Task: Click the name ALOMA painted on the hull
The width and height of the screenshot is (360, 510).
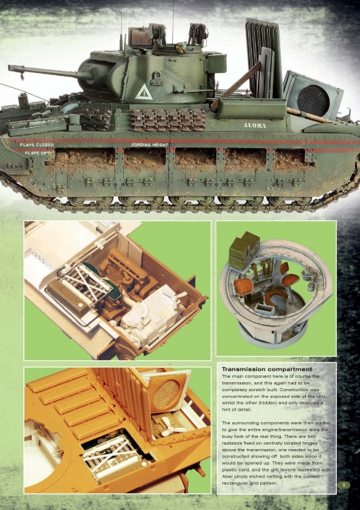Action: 253,125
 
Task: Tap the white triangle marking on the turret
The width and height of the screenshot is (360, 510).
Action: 144,92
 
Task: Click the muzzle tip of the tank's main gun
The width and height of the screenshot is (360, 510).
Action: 11,68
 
